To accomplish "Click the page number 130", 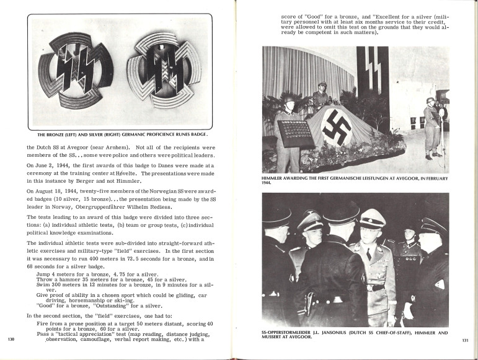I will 11,339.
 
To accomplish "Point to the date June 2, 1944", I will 53,166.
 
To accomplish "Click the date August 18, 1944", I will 59,191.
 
